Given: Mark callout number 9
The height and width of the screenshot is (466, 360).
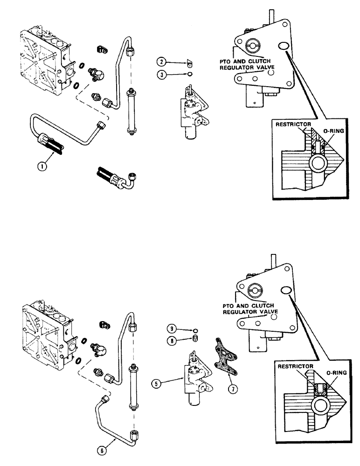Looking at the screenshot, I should (173, 330).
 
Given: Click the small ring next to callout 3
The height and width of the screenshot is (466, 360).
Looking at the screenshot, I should (189, 73).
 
